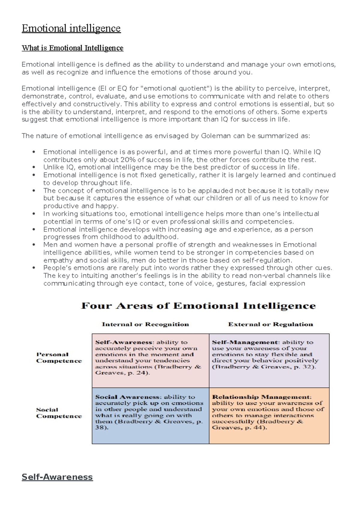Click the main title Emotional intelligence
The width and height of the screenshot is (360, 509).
(71, 28)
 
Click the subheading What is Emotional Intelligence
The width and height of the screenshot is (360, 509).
(72, 48)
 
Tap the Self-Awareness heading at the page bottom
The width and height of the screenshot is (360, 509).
(57, 477)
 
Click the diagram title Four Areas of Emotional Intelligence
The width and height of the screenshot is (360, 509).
(198, 306)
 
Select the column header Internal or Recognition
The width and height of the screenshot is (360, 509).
(145, 324)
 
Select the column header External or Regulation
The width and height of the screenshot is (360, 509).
(270, 324)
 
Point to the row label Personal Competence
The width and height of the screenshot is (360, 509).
(59, 357)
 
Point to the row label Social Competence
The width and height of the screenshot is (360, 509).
(59, 413)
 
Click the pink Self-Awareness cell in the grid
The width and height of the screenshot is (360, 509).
(150, 360)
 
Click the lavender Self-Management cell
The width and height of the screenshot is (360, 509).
(269, 360)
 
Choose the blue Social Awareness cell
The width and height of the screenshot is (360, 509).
(150, 415)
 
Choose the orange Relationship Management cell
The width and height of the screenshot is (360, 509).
(269, 415)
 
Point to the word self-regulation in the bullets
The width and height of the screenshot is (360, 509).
(267, 260)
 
